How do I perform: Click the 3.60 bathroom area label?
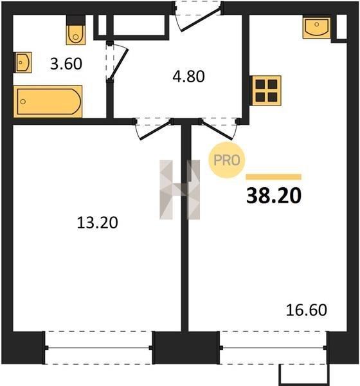click(66, 64)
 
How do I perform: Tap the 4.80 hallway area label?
click(188, 77)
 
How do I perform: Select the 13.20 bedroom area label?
click(98, 223)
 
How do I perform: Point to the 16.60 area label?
click(307, 310)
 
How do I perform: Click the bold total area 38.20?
click(274, 196)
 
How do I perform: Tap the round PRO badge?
click(227, 160)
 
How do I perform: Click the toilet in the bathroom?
click(76, 30)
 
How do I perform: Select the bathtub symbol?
click(48, 102)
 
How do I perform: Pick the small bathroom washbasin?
click(23, 62)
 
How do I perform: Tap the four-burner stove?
click(266, 91)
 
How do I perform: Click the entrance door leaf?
click(201, 20)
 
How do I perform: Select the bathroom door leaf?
click(118, 64)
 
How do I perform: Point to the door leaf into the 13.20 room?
click(156, 131)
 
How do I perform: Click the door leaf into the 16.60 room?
click(216, 130)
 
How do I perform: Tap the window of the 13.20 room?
click(98, 347)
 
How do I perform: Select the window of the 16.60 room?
click(273, 347)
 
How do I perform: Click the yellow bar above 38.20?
click(274, 177)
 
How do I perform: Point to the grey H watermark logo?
click(179, 190)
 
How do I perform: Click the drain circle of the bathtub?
click(23, 102)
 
